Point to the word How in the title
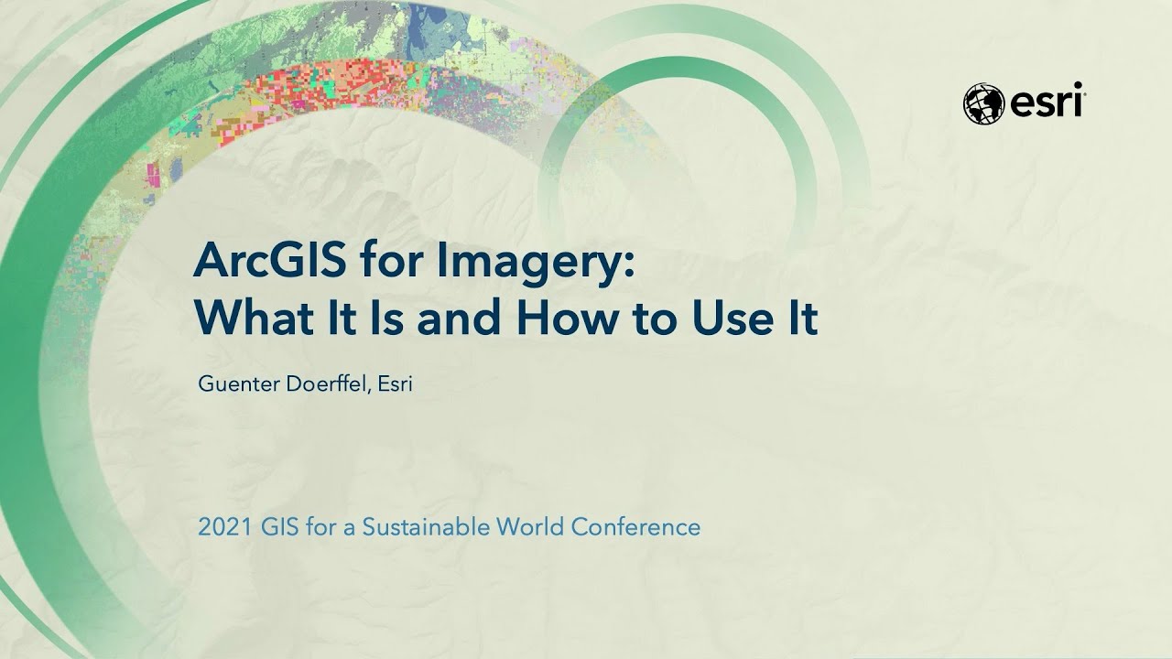(561, 319)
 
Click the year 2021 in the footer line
(219, 527)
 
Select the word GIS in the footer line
(269, 527)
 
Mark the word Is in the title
(385, 319)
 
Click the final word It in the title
(799, 319)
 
